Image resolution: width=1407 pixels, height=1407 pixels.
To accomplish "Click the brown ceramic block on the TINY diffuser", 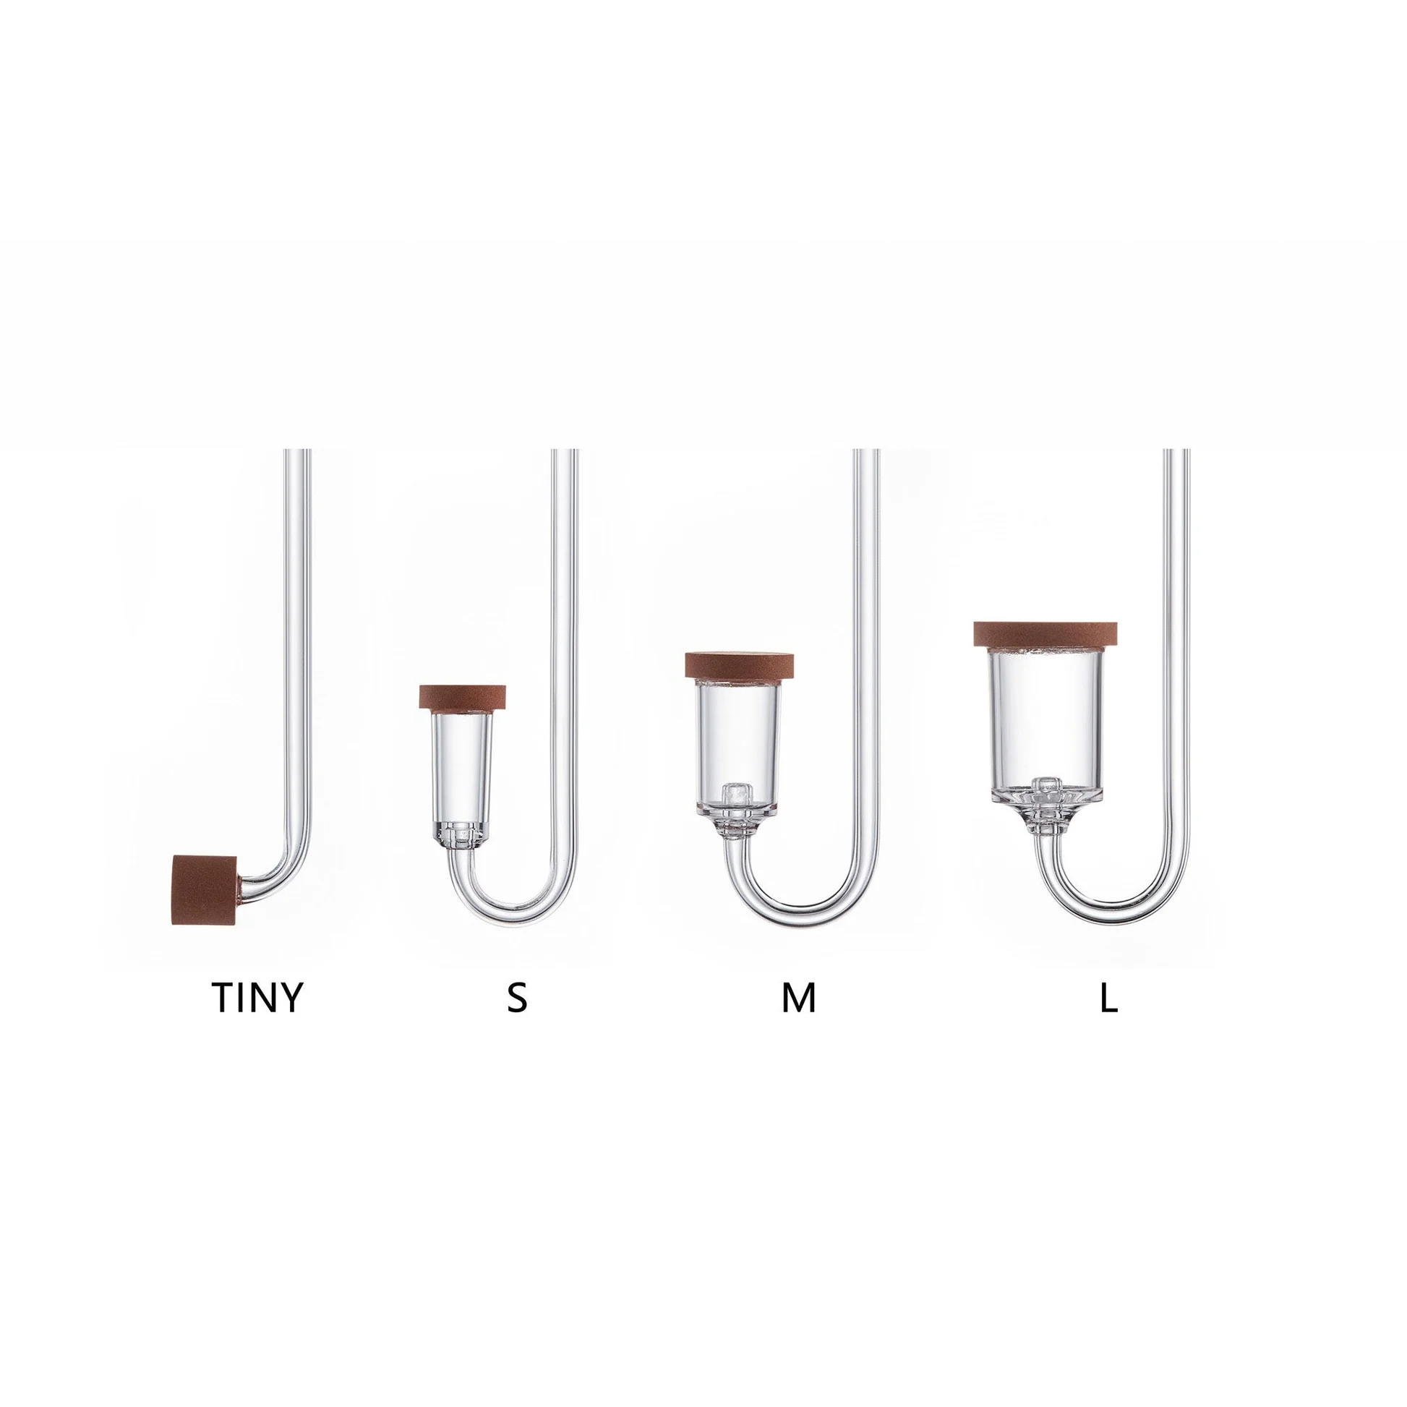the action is point(205,890).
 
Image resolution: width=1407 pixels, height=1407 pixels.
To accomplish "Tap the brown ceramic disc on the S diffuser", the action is point(463,697).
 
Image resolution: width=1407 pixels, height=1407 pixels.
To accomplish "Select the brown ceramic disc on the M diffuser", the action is point(739,667).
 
